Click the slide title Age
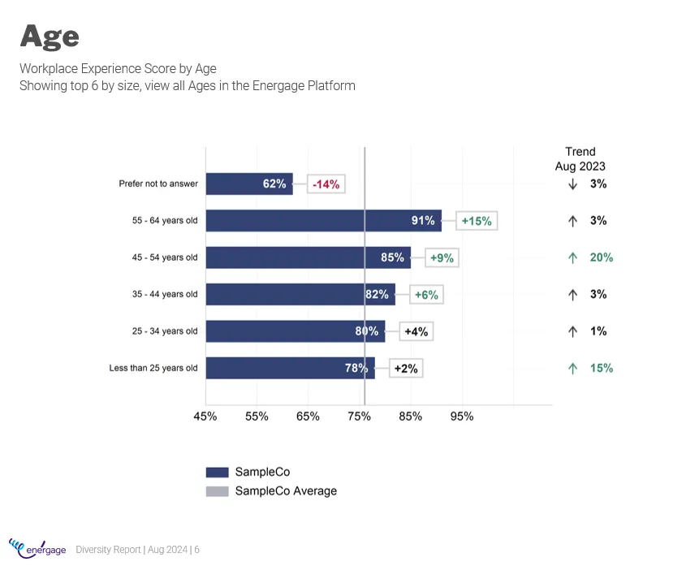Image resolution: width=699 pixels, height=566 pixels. pyautogui.click(x=50, y=36)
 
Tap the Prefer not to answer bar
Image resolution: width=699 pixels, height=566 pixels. pyautogui.click(x=248, y=184)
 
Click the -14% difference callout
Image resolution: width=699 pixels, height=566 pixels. pyautogui.click(x=326, y=184)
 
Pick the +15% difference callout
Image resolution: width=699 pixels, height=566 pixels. pyautogui.click(x=477, y=221)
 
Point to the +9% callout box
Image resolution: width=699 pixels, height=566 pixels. pyautogui.click(x=442, y=258)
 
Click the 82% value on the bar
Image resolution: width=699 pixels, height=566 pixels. pyautogui.click(x=377, y=295)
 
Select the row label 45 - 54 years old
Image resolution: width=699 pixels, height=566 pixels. pyautogui.click(x=165, y=257)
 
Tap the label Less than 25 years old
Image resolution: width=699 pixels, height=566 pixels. pyautogui.click(x=153, y=368)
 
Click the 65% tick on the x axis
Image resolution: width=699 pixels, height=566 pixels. pyautogui.click(x=308, y=417)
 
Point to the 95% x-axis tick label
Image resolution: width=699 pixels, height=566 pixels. pyautogui.click(x=462, y=417)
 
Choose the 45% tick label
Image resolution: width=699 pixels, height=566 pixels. pyautogui.click(x=205, y=417)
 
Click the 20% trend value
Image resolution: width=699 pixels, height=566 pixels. pyautogui.click(x=601, y=257)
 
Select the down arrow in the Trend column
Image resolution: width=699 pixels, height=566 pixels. pyautogui.click(x=572, y=184)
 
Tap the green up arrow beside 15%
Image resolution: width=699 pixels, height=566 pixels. pyautogui.click(x=572, y=368)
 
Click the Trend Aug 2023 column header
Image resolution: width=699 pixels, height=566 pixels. pyautogui.click(x=580, y=158)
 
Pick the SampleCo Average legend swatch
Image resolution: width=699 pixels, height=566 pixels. pyautogui.click(x=217, y=491)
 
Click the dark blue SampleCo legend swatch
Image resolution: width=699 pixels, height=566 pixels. pyautogui.click(x=217, y=473)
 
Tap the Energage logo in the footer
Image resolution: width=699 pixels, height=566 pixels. pyautogui.click(x=37, y=548)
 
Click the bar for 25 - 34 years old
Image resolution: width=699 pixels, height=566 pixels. pyautogui.click(x=295, y=331)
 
